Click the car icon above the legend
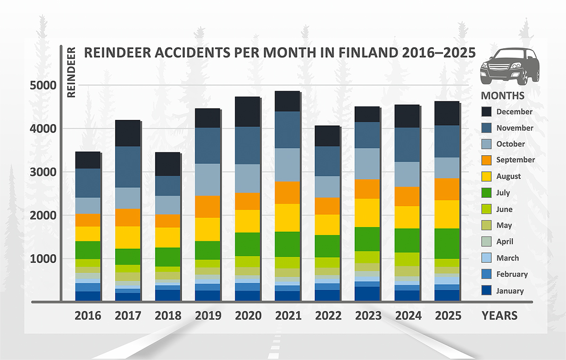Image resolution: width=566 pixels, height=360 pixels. (x=504, y=66)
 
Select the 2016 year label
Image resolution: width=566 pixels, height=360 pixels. (x=88, y=315)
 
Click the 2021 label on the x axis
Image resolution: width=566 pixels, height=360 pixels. (x=288, y=315)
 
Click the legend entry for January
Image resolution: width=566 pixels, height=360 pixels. (x=509, y=291)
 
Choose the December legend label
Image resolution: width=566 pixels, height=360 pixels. (x=514, y=112)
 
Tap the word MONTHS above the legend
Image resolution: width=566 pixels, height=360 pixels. (x=502, y=96)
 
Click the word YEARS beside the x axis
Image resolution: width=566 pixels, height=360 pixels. (x=499, y=315)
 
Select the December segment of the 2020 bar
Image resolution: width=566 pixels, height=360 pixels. (x=248, y=112)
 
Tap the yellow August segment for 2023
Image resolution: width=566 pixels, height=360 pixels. (x=368, y=213)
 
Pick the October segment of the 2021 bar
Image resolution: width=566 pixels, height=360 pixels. (x=288, y=165)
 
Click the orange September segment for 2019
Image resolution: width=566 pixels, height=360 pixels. (x=208, y=207)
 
